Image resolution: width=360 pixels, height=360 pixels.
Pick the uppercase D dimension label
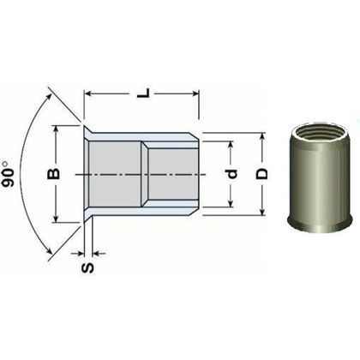point(262,174)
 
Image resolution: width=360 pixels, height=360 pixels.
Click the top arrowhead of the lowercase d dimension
point(231,147)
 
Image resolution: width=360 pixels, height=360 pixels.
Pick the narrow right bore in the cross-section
point(171,174)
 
